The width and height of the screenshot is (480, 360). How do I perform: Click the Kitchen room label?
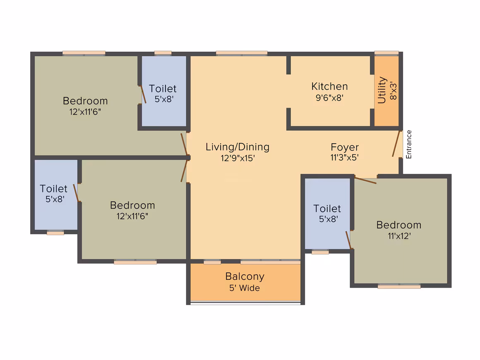(x=329, y=86)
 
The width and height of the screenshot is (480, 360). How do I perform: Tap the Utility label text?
(x=382, y=90)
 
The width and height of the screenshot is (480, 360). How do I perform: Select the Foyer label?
(x=344, y=147)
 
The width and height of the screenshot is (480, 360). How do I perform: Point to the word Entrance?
(x=409, y=144)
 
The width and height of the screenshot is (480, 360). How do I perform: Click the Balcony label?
(x=245, y=276)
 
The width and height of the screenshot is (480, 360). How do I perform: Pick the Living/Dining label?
(x=237, y=147)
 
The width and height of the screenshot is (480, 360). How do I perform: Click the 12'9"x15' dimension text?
(x=238, y=158)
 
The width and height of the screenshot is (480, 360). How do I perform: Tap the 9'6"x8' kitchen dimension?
(x=329, y=98)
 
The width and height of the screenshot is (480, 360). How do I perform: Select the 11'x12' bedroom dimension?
(x=399, y=236)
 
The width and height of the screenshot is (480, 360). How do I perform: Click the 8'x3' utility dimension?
(x=393, y=91)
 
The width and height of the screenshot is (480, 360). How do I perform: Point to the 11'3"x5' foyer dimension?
(x=344, y=157)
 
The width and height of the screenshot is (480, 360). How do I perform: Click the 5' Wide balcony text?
(x=244, y=288)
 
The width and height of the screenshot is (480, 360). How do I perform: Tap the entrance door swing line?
(x=396, y=144)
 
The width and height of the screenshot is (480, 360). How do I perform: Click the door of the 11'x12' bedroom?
(x=365, y=180)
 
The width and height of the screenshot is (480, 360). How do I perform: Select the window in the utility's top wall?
(x=386, y=53)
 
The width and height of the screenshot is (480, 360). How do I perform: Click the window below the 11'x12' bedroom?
(x=399, y=286)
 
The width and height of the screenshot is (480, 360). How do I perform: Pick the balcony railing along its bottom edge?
(x=245, y=303)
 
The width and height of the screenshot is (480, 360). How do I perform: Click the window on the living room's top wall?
(x=242, y=53)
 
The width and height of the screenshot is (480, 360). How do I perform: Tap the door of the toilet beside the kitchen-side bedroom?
(x=348, y=240)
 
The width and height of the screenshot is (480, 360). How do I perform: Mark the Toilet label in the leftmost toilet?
(x=53, y=189)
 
